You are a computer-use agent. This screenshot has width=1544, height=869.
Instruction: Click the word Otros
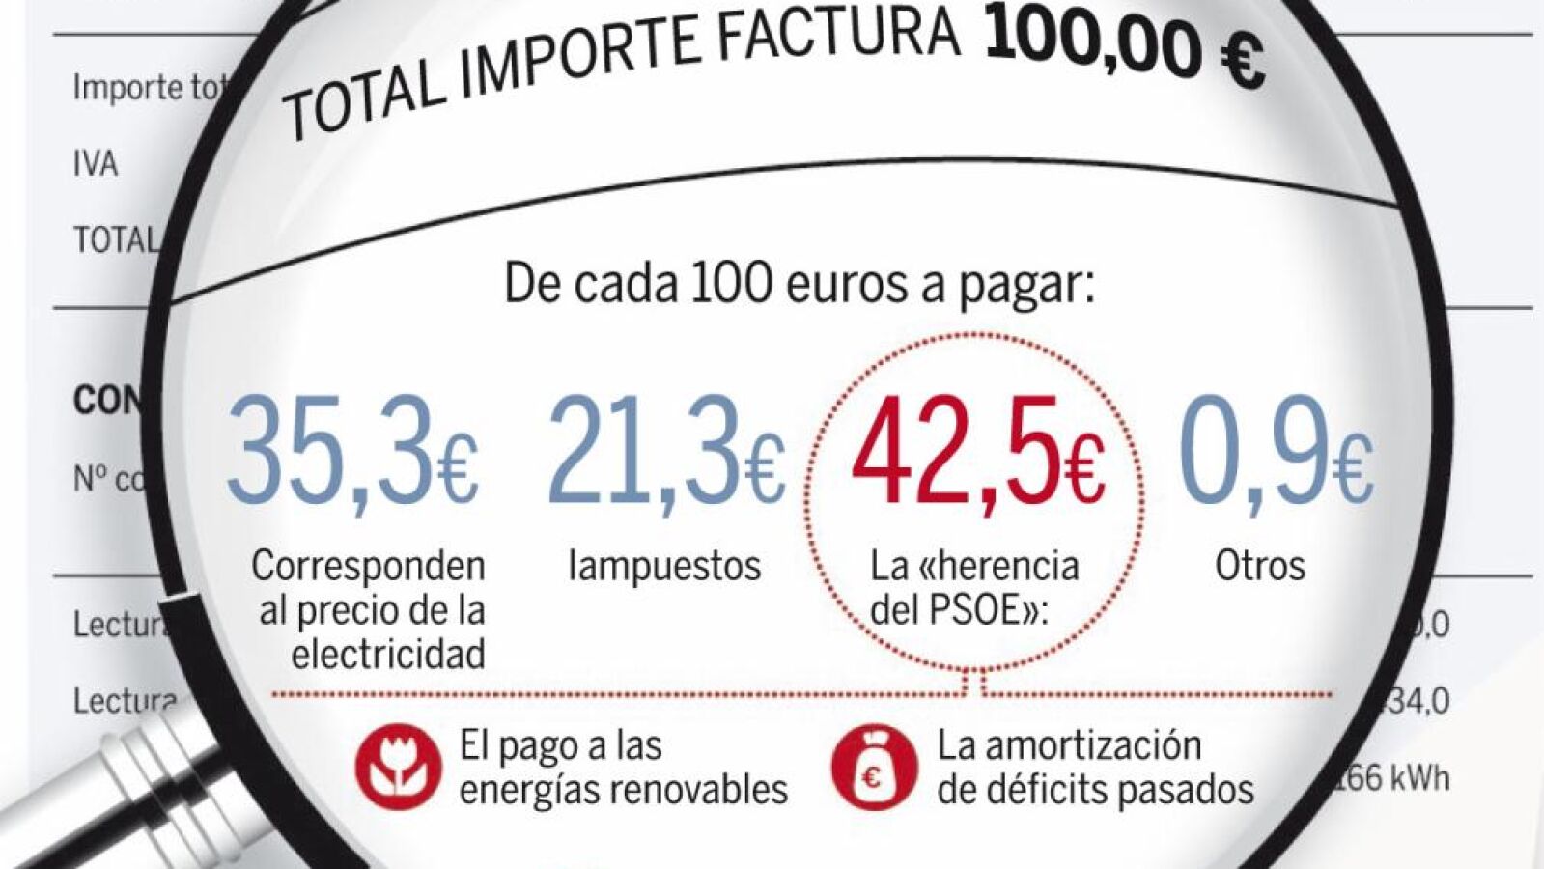point(1259,566)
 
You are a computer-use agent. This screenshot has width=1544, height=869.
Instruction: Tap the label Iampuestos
point(664,566)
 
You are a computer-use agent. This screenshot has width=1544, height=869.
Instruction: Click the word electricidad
point(388,655)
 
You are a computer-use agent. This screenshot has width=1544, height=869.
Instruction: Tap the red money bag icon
point(874,768)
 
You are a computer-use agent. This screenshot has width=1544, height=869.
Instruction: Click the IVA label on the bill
point(95,164)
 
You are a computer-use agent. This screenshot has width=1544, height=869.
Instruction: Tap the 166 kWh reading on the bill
point(1395,778)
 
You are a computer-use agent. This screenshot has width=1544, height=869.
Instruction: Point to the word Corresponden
point(368,566)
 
